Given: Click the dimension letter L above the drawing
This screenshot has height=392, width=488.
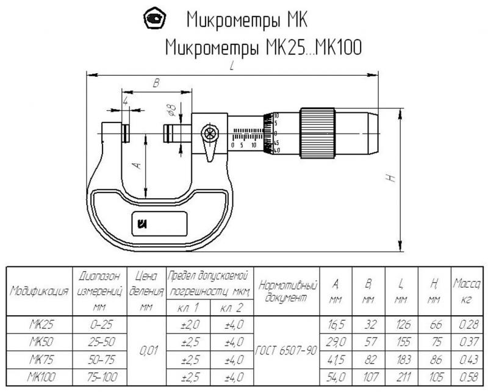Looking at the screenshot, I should pos(232,68).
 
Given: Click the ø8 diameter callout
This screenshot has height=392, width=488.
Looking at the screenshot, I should pos(172,110).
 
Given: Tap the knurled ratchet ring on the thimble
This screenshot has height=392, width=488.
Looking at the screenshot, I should pos(317,133).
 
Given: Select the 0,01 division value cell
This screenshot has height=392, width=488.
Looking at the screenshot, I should pos(145,351).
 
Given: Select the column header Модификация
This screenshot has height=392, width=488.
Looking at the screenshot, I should pos(38,291).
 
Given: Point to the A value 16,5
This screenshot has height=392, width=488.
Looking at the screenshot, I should pos(335,324).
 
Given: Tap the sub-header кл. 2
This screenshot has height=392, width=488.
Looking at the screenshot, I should pos(231,308).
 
